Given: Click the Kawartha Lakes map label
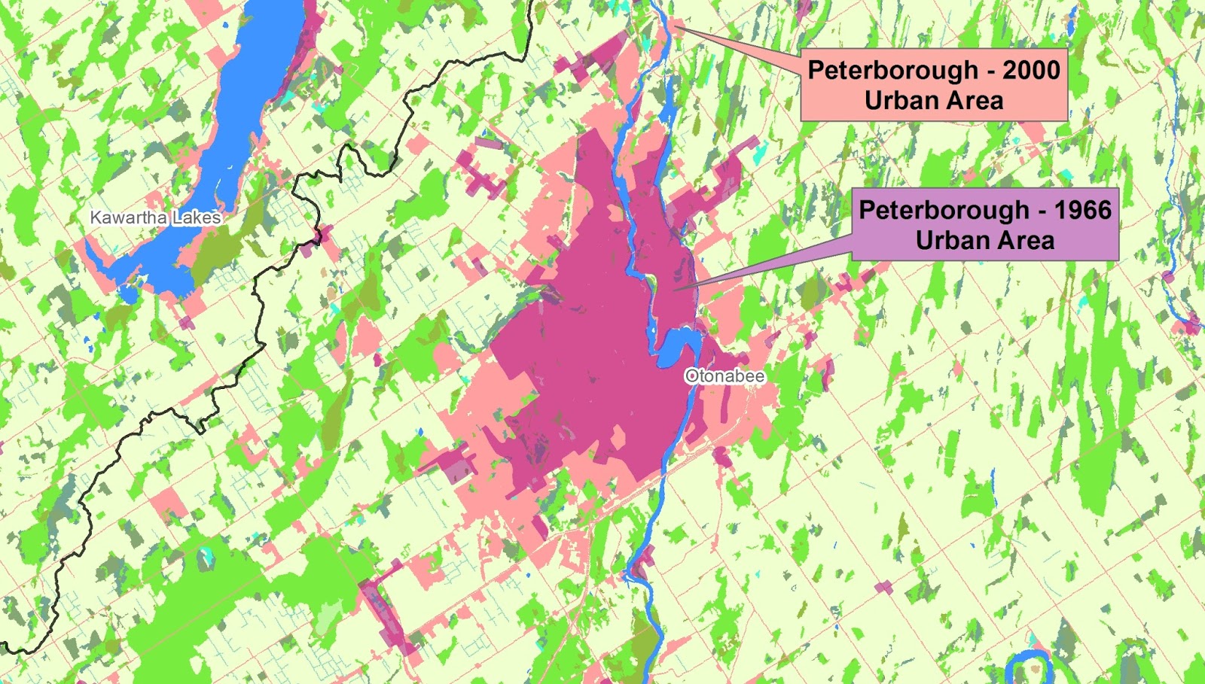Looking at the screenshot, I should [155, 217].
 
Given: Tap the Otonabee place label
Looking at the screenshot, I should [725, 375].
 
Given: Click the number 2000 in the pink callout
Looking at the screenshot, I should [1031, 70].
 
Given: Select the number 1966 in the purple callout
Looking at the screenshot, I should [1082, 210].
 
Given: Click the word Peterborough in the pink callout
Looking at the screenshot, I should [892, 70].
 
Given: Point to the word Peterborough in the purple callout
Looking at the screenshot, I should [944, 210].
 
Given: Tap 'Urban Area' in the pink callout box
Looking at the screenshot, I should [934, 101].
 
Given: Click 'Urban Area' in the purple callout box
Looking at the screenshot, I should [985, 241].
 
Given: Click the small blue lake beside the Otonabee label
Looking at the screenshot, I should [678, 345].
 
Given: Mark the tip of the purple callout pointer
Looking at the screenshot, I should [676, 289].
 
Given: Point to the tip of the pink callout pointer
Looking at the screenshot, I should [675, 27].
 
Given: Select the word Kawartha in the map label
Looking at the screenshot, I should [129, 217].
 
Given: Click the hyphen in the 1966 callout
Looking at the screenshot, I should [1042, 211].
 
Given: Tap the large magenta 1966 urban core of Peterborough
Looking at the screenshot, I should [580, 354].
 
